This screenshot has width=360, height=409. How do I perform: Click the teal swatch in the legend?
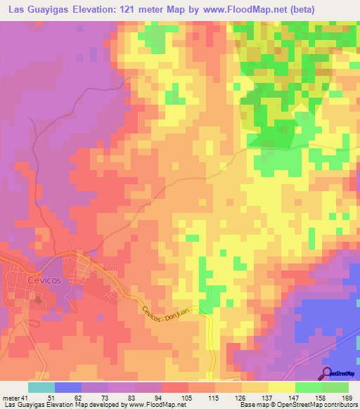point(41,387)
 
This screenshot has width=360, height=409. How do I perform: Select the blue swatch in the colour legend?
point(68,387)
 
